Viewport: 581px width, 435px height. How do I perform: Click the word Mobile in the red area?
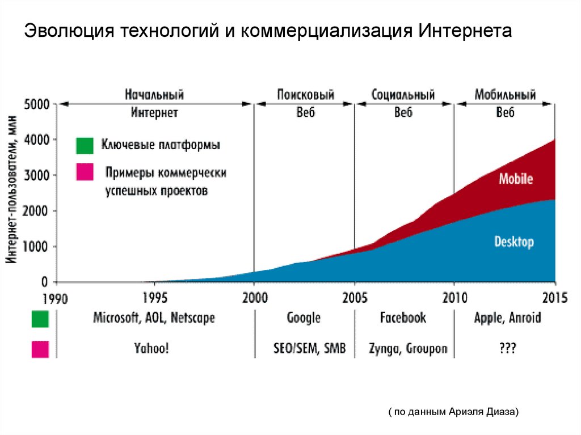click(515, 179)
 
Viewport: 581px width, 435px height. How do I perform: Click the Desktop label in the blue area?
click(513, 242)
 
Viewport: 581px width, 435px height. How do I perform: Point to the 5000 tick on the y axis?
click(36, 104)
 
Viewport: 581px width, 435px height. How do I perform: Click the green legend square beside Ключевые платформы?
click(85, 146)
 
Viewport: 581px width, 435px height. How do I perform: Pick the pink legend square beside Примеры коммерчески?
click(85, 173)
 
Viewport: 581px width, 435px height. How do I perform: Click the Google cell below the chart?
click(304, 318)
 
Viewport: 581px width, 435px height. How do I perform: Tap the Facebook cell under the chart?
click(403, 318)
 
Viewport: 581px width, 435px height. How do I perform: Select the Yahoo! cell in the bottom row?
click(150, 348)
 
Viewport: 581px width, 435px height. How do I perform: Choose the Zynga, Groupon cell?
click(407, 348)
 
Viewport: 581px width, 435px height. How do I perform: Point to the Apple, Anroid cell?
click(507, 318)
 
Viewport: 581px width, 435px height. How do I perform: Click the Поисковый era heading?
click(305, 94)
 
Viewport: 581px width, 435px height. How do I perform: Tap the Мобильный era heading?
click(505, 94)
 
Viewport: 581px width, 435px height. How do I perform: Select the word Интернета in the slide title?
click(465, 31)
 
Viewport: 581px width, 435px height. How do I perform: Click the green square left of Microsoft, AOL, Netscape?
click(40, 319)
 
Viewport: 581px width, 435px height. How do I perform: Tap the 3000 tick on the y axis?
click(36, 175)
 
